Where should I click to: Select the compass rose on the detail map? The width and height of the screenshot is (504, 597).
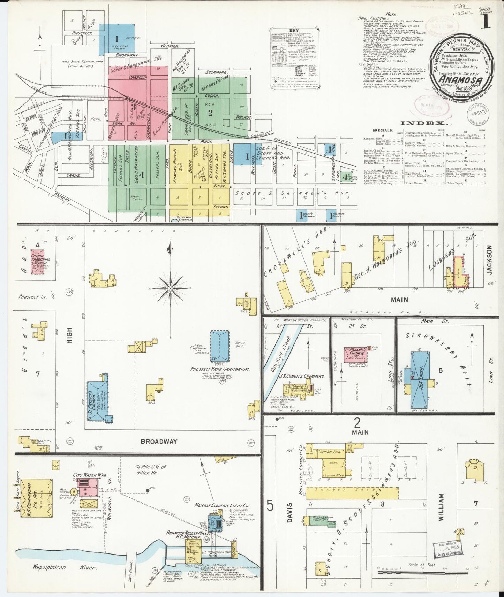170,288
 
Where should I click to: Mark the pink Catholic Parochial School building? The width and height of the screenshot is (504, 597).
39,262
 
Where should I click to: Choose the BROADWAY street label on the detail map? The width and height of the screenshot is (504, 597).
159,441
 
